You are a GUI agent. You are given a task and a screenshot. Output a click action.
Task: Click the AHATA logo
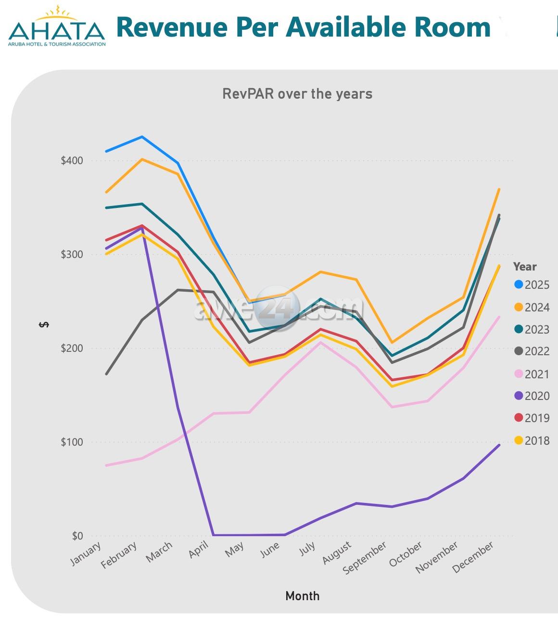57,27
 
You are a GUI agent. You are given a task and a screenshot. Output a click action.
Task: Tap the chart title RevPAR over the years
297,93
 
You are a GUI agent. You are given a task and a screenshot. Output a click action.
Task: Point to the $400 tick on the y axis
72,160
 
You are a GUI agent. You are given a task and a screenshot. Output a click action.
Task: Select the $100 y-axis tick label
72,442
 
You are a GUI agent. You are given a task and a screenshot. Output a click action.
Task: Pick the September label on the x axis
365,557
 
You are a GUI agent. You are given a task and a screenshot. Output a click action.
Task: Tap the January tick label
86,553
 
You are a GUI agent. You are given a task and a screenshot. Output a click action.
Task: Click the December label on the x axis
473,556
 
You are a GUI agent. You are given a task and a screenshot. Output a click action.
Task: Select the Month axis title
302,596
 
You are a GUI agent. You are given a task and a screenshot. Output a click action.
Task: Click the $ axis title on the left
44,325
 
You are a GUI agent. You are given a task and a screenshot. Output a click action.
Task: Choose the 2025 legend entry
532,284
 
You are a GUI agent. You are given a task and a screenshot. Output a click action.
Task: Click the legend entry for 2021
532,374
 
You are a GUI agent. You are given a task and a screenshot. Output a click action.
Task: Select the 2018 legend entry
532,440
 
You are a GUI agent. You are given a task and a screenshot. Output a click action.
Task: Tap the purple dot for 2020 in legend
519,396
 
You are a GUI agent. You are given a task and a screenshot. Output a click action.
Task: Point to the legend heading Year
524,267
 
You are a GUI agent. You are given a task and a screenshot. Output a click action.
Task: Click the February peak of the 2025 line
142,137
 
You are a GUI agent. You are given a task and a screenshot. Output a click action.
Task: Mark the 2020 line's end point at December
499,445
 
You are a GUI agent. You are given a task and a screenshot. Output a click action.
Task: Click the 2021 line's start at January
106,465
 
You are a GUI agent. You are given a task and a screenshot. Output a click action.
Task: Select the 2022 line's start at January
106,373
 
